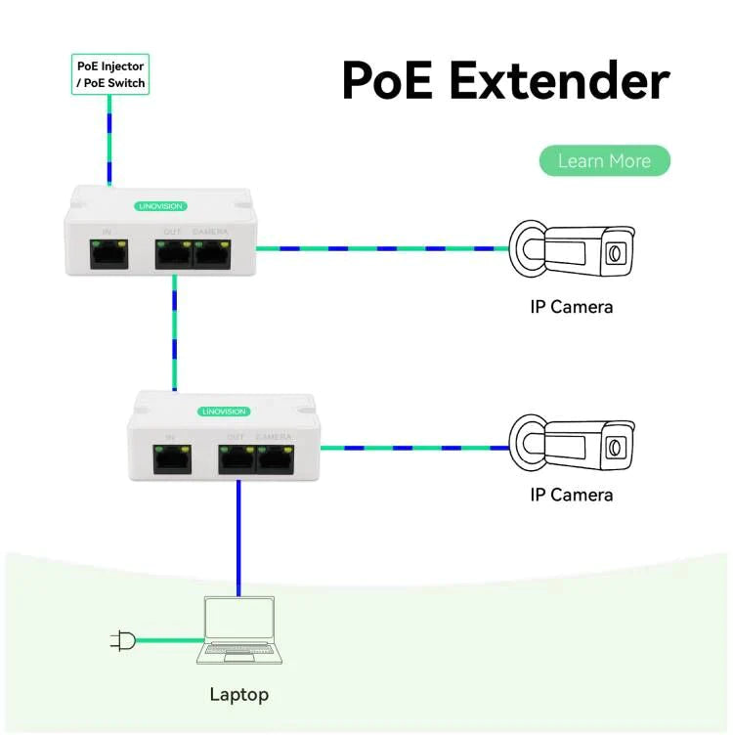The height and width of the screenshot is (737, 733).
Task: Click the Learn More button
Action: (x=604, y=161)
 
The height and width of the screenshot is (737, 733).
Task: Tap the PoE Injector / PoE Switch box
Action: (x=110, y=74)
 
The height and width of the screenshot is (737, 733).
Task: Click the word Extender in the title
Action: (x=561, y=80)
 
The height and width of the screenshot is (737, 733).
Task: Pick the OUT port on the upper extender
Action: (x=173, y=253)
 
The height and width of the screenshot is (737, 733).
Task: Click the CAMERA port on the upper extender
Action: (x=212, y=253)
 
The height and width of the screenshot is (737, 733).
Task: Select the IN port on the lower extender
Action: (x=171, y=458)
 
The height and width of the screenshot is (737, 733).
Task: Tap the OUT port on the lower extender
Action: (x=237, y=458)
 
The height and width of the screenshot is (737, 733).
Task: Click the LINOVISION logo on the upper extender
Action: (x=159, y=206)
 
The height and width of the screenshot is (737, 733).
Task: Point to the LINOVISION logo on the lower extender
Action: (x=224, y=412)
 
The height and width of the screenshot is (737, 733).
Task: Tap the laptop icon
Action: (x=238, y=630)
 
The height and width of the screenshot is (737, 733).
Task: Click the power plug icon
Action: (x=122, y=641)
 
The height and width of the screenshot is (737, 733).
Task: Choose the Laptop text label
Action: (x=238, y=695)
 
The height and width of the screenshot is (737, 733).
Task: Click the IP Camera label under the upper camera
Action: (x=572, y=307)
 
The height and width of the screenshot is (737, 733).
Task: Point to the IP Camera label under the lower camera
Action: (x=572, y=495)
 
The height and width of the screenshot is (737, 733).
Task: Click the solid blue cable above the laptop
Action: (x=237, y=538)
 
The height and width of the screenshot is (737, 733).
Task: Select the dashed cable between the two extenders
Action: (x=174, y=332)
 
